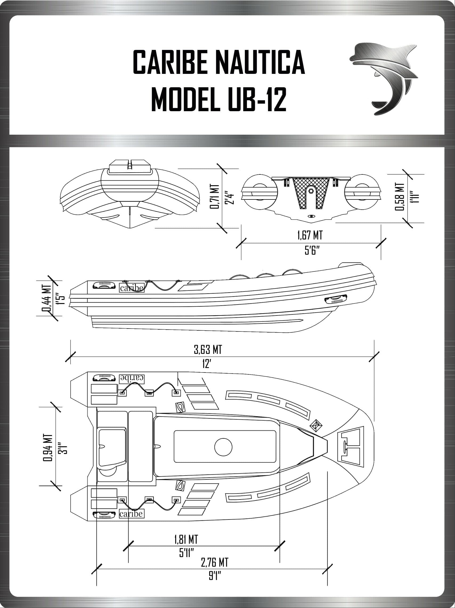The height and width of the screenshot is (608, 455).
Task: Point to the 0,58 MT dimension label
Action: (x=400, y=197)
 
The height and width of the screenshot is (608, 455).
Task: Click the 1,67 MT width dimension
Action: (x=310, y=235)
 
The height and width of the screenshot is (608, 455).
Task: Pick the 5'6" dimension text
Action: (x=311, y=251)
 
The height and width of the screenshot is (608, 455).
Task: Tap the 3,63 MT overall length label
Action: (x=208, y=350)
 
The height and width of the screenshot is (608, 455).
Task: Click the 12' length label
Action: (x=206, y=364)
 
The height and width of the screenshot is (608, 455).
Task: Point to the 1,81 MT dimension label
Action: (x=186, y=539)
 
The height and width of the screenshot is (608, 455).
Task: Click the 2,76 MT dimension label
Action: (x=214, y=563)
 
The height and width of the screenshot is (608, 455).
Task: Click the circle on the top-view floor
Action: (x=223, y=447)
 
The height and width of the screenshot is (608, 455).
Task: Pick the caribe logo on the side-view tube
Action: (x=132, y=288)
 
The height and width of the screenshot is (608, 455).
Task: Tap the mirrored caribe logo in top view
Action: (x=132, y=378)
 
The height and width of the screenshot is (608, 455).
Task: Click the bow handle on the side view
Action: (x=335, y=299)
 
